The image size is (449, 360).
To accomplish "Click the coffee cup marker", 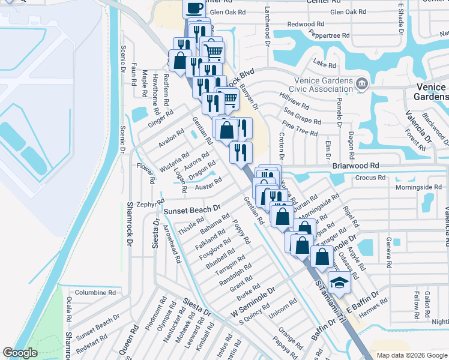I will coord(194,8).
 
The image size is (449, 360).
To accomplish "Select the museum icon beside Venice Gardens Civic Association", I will coord(361,83).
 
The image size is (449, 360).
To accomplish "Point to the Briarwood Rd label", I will coord(356,165).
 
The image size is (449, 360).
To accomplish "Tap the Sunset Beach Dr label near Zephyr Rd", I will coord(192,209).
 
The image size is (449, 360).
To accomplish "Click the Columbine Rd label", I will coord(95,293).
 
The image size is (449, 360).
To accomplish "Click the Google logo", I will coord(20,353).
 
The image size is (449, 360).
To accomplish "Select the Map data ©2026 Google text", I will coord(411,355).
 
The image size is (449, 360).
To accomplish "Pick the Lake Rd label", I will coord(325,64).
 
